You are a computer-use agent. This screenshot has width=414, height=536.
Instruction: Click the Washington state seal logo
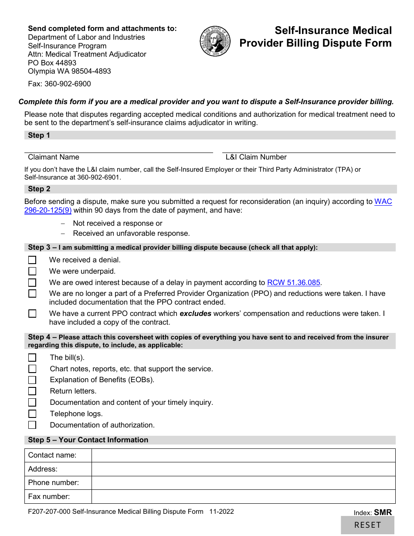pyautogui.click(x=215, y=41)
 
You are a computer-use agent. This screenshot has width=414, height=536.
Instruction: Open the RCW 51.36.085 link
pyautogui.click(x=294, y=282)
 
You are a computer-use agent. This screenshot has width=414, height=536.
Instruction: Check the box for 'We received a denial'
pyautogui.click(x=32, y=260)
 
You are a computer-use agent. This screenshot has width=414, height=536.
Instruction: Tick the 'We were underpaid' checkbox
pyautogui.click(x=32, y=271)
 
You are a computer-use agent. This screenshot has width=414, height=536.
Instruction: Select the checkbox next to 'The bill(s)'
pyautogui.click(x=32, y=358)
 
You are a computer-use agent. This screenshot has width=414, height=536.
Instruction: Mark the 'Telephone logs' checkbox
pyautogui.click(x=32, y=414)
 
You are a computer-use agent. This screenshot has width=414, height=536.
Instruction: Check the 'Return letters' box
pyautogui.click(x=32, y=391)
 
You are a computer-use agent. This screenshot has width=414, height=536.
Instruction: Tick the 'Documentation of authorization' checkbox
pyautogui.click(x=32, y=425)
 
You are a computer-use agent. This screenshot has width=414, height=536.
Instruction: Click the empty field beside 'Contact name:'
pyautogui.click(x=243, y=455)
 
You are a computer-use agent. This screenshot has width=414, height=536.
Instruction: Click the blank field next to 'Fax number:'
pyautogui.click(x=243, y=497)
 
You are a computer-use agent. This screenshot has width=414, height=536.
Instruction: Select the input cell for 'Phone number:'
pyautogui.click(x=243, y=483)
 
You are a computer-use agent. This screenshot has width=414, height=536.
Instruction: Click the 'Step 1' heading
pyautogui.click(x=39, y=136)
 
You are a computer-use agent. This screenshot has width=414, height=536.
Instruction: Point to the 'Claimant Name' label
pyautogui.click(x=54, y=157)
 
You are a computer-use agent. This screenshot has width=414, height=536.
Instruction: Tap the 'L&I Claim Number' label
pyautogui.click(x=256, y=157)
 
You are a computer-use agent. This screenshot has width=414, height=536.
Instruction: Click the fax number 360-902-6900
pyautogui.click(x=68, y=84)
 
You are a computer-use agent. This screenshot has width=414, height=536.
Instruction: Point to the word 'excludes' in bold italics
pyautogui.click(x=195, y=314)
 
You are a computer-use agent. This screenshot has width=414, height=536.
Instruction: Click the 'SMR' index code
pyautogui.click(x=383, y=512)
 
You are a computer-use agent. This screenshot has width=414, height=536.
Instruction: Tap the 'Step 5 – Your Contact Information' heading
pyautogui.click(x=88, y=440)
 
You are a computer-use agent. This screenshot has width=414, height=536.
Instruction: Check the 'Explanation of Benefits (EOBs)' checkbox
pyautogui.click(x=32, y=380)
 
